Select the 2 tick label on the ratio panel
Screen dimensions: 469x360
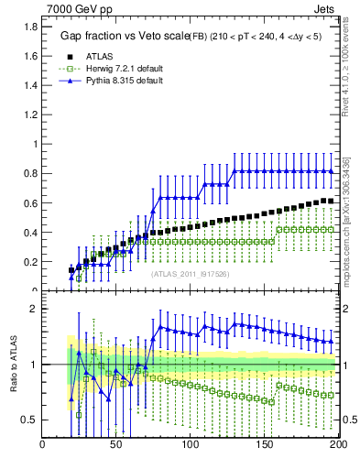(x=32, y=309)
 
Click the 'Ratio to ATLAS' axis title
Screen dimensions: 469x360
(x=13, y=366)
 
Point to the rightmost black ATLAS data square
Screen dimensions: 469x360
(x=331, y=201)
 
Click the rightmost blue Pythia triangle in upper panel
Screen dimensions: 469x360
(x=331, y=171)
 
